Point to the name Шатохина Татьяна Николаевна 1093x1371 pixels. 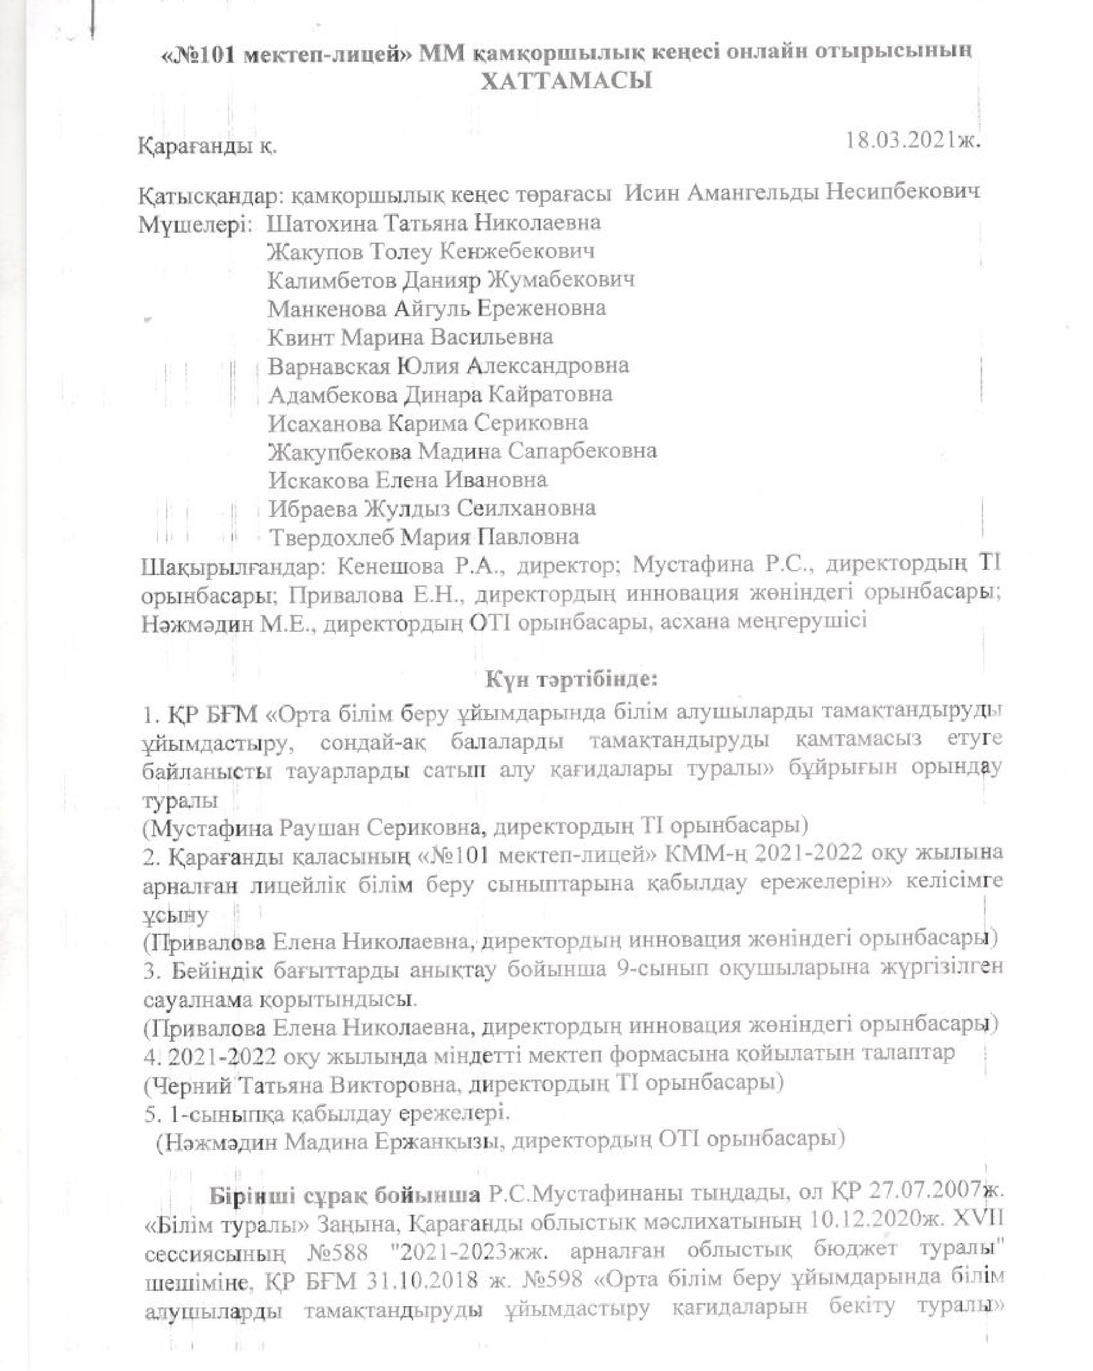point(433,222)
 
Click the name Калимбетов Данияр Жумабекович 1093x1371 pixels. point(450,280)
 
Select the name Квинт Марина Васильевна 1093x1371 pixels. point(410,337)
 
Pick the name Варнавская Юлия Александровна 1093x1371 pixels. point(448,366)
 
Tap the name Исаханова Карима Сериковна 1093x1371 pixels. point(428,423)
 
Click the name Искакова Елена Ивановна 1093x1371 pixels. point(407,479)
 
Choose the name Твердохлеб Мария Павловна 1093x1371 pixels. point(424,537)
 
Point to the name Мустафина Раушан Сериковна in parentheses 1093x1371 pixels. point(316,827)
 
